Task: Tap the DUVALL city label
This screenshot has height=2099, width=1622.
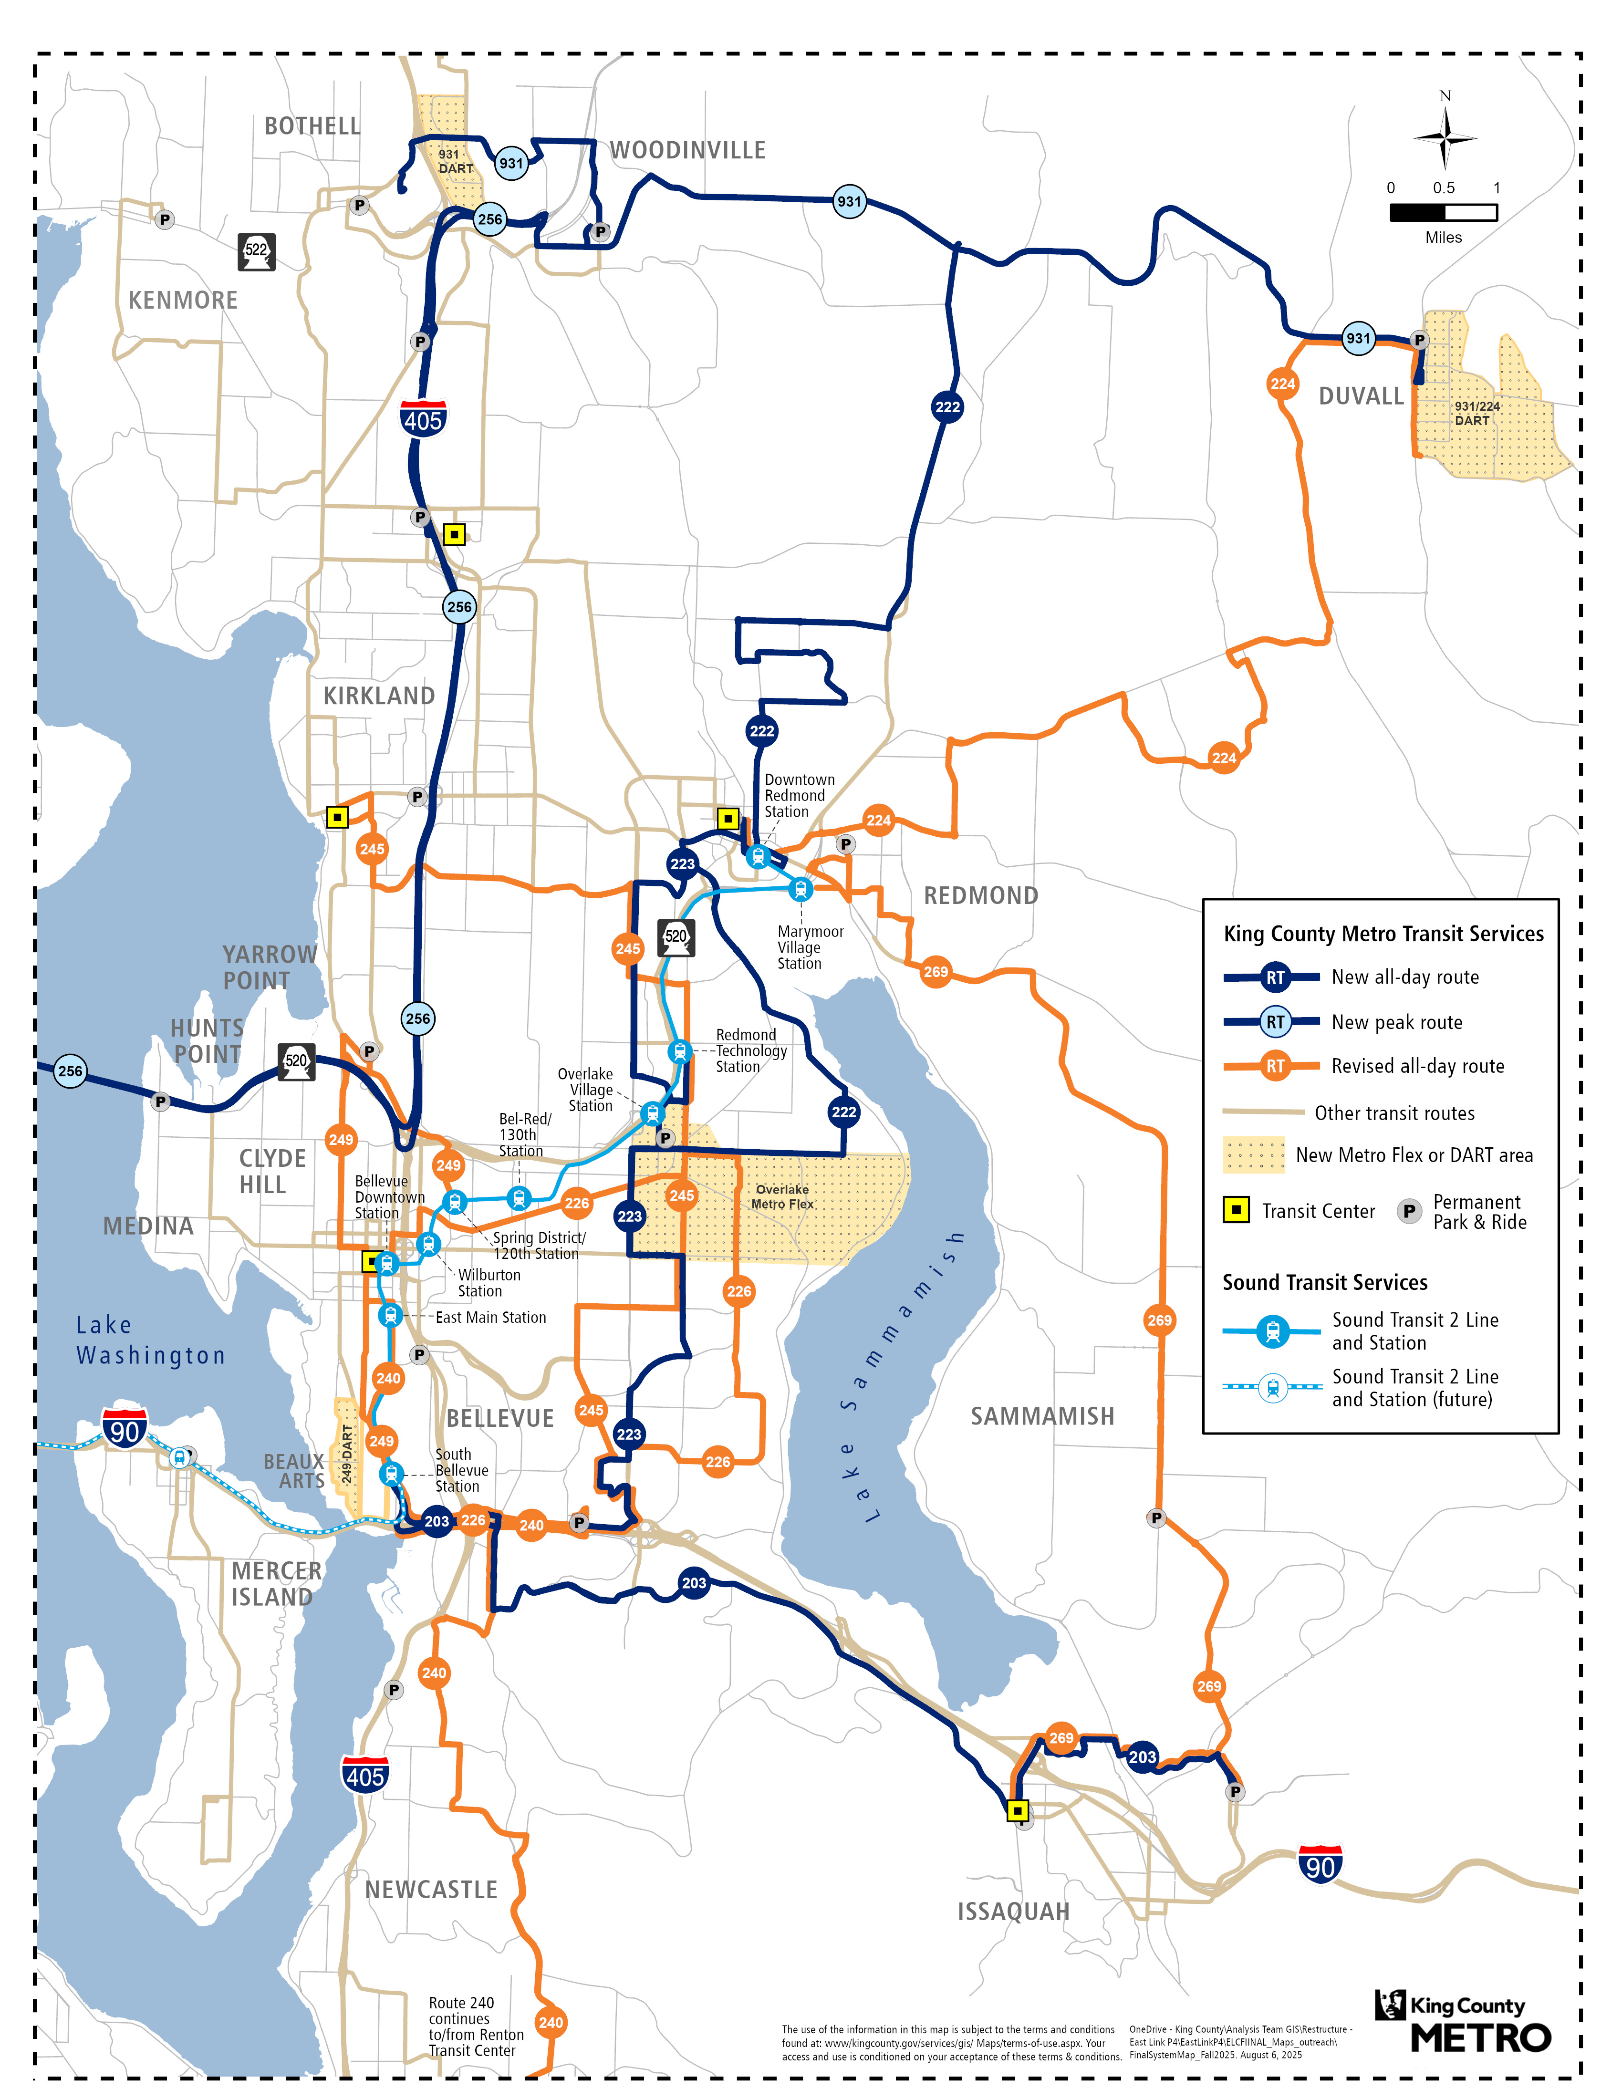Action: [x=1361, y=396]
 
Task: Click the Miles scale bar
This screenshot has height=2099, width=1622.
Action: [x=1443, y=212]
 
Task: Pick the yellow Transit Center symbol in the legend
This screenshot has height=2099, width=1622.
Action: [x=1236, y=1210]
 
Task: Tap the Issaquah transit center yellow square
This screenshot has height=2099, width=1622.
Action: [x=1018, y=1811]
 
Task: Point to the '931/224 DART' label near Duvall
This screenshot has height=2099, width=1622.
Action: [x=1476, y=413]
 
